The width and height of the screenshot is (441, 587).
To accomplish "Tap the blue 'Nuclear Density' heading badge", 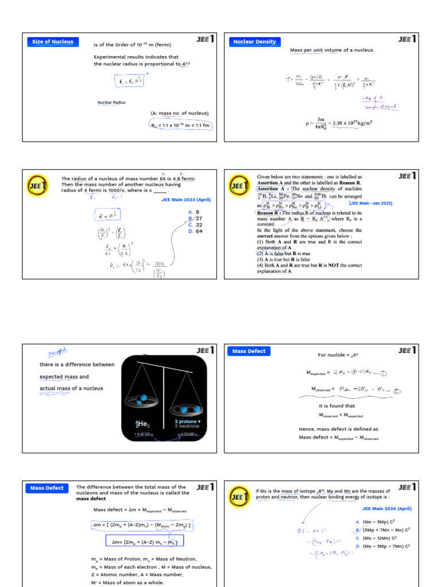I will point(253,42).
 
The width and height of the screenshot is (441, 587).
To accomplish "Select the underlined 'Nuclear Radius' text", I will point(111,103).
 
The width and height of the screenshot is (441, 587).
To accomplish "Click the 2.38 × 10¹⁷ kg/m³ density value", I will point(346,122).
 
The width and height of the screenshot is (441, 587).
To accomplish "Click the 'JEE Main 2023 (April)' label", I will point(185,199).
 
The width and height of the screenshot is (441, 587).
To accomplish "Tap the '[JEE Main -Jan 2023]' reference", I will point(370,203).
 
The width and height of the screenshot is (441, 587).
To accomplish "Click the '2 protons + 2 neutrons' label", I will point(187,424).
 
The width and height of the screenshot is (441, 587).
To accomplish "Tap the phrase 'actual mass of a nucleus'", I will point(71,389).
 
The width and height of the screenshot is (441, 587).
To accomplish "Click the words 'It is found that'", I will point(336,406).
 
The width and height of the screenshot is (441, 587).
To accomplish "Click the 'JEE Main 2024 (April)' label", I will point(386,508).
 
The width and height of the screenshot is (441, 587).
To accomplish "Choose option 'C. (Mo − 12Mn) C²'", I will point(382,538).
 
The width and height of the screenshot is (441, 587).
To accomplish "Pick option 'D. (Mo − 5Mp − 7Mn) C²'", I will point(382,547).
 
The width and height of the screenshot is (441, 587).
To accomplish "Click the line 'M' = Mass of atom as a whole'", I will point(127,582).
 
